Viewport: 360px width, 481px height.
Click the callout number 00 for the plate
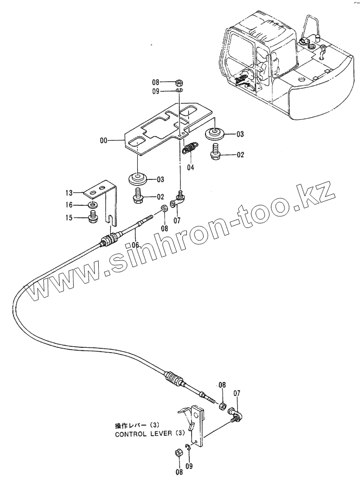pos(103,141)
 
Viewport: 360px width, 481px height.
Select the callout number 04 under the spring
pos(191,168)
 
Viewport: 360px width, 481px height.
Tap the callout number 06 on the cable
pos(135,245)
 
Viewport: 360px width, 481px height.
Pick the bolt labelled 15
pos(93,218)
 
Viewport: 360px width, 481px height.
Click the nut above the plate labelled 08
pos(178,82)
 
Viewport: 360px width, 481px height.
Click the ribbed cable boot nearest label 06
pos(110,239)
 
